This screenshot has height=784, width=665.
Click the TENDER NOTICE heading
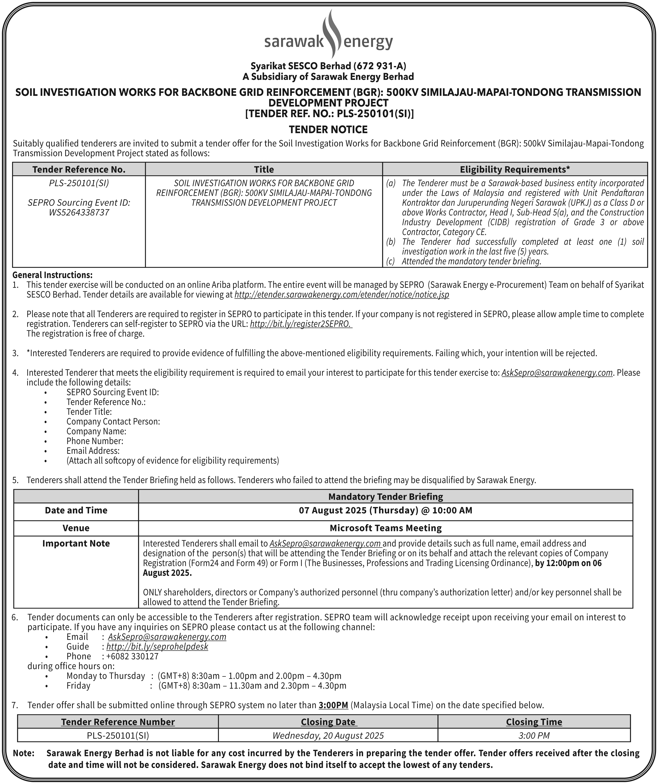click(328, 130)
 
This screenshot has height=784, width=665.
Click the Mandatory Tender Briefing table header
click(385, 496)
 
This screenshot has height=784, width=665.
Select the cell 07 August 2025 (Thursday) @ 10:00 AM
click(385, 510)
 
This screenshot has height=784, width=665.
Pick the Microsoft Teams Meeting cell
click(385, 528)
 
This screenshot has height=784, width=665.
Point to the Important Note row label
click(76, 543)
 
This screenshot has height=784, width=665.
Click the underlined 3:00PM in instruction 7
click(333, 705)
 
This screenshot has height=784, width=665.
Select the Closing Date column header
click(328, 722)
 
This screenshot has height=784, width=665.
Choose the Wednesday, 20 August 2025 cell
click(328, 735)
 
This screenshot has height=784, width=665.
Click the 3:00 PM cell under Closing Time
click(534, 735)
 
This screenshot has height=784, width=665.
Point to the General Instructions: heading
click(52, 275)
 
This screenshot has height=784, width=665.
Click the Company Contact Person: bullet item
click(113, 421)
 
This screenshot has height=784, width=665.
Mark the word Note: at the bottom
click(23, 753)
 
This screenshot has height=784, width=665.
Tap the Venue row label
click(76, 528)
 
